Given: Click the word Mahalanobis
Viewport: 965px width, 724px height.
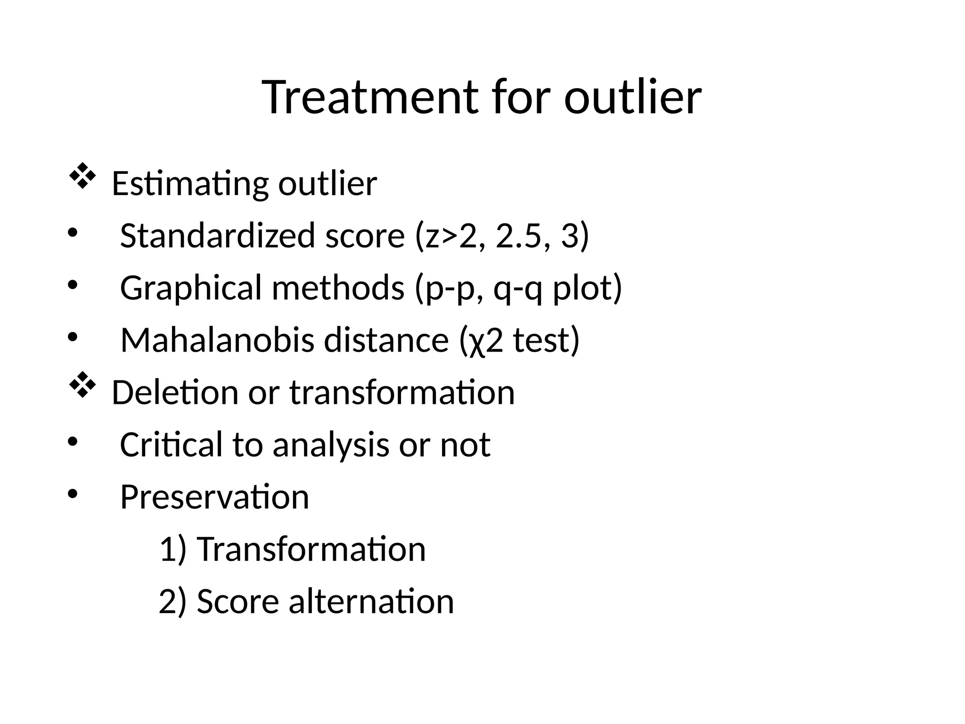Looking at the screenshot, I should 217,340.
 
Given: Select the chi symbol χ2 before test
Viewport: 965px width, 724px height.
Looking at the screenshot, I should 485,341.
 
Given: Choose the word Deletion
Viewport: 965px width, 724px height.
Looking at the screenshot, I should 175,392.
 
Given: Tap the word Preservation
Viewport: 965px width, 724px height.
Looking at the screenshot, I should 214,497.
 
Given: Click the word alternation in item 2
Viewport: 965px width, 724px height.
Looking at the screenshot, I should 371,601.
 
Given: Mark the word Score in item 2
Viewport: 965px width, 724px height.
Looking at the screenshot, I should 238,601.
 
